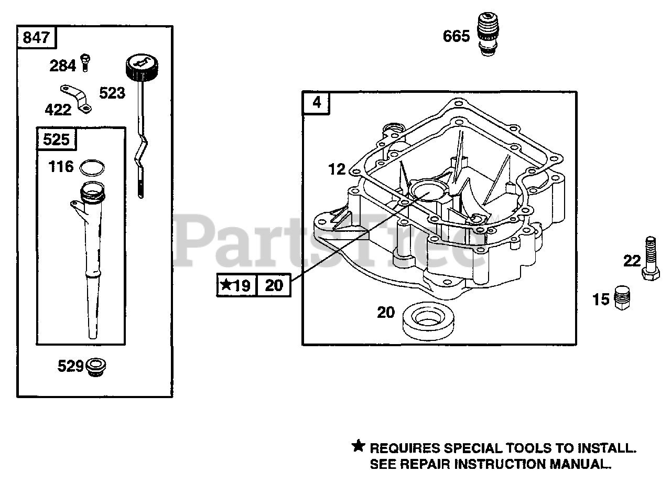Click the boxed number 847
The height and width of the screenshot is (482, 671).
(x=37, y=37)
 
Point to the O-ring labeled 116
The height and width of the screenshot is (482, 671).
(x=92, y=167)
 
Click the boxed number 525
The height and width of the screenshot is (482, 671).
(x=56, y=140)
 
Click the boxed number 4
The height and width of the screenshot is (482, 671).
(x=317, y=102)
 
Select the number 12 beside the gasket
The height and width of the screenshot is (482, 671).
(x=337, y=169)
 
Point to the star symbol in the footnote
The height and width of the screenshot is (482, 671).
(x=358, y=447)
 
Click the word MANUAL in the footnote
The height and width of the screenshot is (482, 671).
(x=579, y=464)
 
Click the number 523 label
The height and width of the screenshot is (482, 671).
(x=112, y=93)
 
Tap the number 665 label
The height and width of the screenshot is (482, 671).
(x=456, y=36)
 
